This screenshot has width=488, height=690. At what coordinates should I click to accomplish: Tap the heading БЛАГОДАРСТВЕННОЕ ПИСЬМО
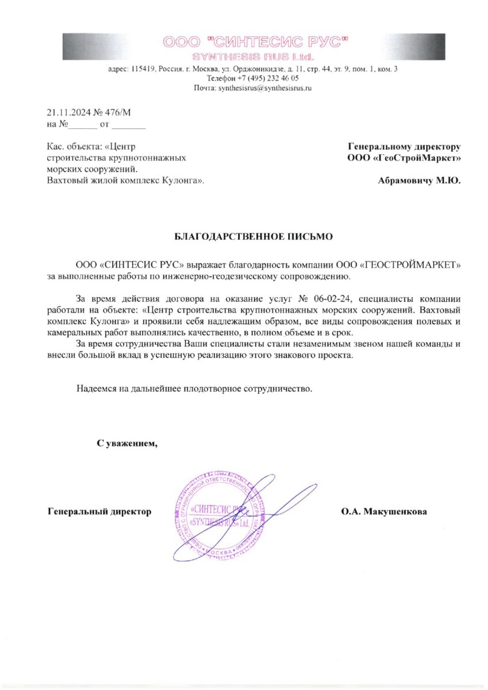(253, 236)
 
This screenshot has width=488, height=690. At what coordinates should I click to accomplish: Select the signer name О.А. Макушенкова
(384, 511)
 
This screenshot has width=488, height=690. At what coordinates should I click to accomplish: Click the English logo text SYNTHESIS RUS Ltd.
(253, 57)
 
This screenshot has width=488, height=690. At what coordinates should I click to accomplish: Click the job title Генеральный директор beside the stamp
(99, 511)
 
